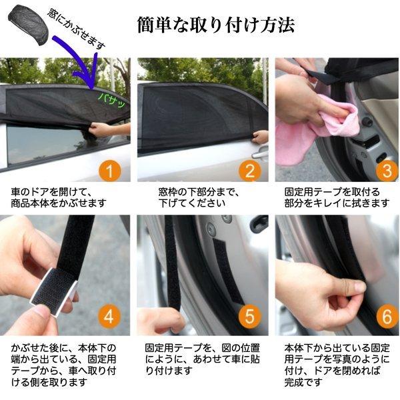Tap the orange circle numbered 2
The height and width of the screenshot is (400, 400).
click(249, 171)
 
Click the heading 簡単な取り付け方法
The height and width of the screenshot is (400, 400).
click(216, 25)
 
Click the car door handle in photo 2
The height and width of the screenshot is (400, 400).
click(259, 153)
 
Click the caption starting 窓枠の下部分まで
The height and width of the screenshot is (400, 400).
click(200, 197)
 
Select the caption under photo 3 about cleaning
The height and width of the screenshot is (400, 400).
click(337, 197)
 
